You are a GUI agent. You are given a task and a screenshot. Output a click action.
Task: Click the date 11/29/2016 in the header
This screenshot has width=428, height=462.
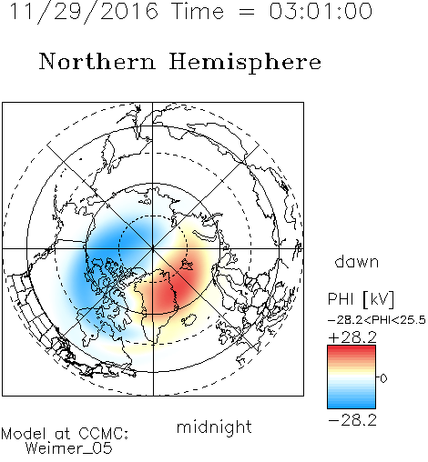tap(84, 12)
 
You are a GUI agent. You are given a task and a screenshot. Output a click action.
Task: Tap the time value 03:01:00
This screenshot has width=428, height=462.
tap(321, 11)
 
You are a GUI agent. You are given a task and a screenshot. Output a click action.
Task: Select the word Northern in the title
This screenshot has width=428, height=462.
tap(97, 61)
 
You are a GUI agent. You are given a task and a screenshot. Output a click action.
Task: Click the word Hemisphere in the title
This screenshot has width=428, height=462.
tap(245, 63)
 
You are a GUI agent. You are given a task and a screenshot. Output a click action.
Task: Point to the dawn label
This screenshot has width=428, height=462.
tap(357, 261)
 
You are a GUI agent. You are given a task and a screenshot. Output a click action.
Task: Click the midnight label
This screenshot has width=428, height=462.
tap(214, 427)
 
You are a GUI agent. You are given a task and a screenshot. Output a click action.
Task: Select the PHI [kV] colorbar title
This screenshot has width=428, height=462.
tap(361, 299)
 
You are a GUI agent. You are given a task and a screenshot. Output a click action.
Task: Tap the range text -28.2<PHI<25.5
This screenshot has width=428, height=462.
tap(377, 320)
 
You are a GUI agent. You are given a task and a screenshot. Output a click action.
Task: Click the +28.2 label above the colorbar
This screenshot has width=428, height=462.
tap(352, 337)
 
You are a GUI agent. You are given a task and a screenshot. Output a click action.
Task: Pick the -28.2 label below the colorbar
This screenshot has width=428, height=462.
tap(352, 420)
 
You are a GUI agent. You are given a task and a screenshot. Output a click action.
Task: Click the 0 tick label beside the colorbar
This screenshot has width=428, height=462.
tap(383, 378)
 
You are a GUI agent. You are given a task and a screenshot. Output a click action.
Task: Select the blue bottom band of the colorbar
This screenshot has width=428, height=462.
tap(352, 403)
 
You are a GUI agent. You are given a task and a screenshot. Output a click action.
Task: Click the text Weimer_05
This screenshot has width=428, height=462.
tap(69, 447)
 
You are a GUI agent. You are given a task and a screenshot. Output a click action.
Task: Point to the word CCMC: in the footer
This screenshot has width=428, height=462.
tap(103, 434)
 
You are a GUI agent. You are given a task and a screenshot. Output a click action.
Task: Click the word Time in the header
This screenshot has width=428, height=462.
tap(198, 12)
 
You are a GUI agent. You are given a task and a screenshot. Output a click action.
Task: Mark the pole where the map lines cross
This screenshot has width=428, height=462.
tap(153, 248)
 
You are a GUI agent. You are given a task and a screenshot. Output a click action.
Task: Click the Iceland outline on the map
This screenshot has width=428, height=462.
tap(189, 320)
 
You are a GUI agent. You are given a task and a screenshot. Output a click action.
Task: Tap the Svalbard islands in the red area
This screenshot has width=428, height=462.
tap(186, 265)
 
